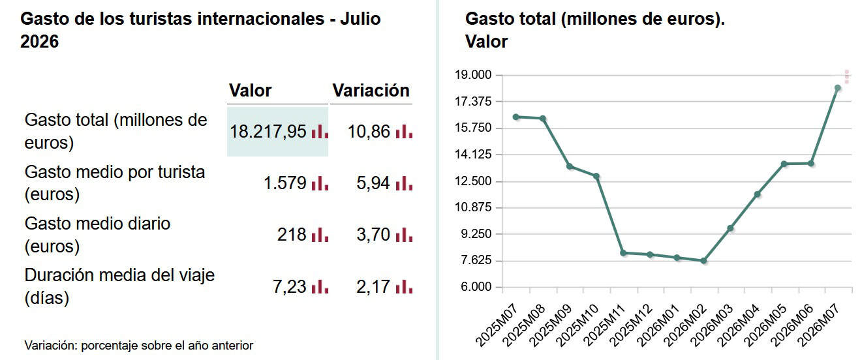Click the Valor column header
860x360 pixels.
click(x=251, y=91)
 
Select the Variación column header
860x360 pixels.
click(x=371, y=91)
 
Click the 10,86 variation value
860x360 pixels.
click(x=369, y=132)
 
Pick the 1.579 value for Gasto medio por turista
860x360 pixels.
click(x=285, y=183)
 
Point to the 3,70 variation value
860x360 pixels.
click(x=373, y=235)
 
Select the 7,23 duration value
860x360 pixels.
click(x=290, y=287)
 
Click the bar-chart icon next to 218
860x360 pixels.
click(x=320, y=235)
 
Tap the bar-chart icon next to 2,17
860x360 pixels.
click(x=404, y=287)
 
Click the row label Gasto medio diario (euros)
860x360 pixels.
click(x=97, y=235)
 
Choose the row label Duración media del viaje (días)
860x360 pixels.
click(x=119, y=287)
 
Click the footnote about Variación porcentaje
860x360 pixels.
click(x=138, y=346)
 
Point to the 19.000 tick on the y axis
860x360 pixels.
click(x=473, y=75)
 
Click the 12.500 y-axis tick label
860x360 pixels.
click(x=473, y=181)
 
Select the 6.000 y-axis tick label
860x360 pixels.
click(x=476, y=287)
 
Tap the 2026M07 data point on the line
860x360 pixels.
click(x=838, y=88)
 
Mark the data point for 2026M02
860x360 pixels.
click(x=704, y=261)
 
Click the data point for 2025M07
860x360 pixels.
click(x=516, y=117)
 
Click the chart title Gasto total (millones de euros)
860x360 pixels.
click(x=595, y=19)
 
